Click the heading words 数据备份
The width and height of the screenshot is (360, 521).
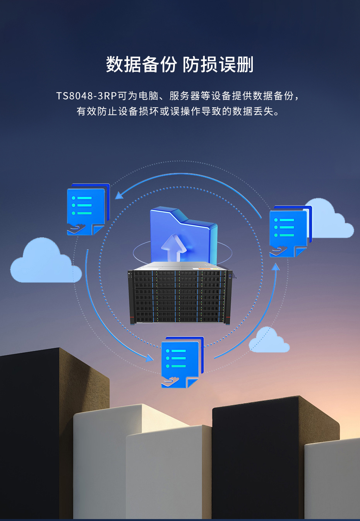pyautogui.click(x=141, y=64)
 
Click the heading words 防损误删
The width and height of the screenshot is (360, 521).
pyautogui.click(x=218, y=64)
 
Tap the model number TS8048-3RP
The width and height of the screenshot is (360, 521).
pyautogui.click(x=86, y=96)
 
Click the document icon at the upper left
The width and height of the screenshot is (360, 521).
pyautogui.click(x=88, y=209)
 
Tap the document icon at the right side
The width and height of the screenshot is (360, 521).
pyautogui.click(x=290, y=231)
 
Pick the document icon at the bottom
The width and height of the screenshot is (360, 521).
pyautogui.click(x=182, y=362)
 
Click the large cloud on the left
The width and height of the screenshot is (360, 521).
pyautogui.click(x=46, y=260)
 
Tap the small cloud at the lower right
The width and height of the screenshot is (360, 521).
pyautogui.click(x=269, y=339)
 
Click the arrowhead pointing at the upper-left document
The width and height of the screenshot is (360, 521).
pyautogui.click(x=119, y=195)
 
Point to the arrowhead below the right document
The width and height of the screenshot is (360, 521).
pyautogui.click(x=276, y=267)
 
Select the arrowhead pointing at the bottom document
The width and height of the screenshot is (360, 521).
pyautogui.click(x=149, y=358)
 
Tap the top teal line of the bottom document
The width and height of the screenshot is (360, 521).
pyautogui.click(x=178, y=351)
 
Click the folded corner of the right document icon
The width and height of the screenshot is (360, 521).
pyautogui.click(x=300, y=252)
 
